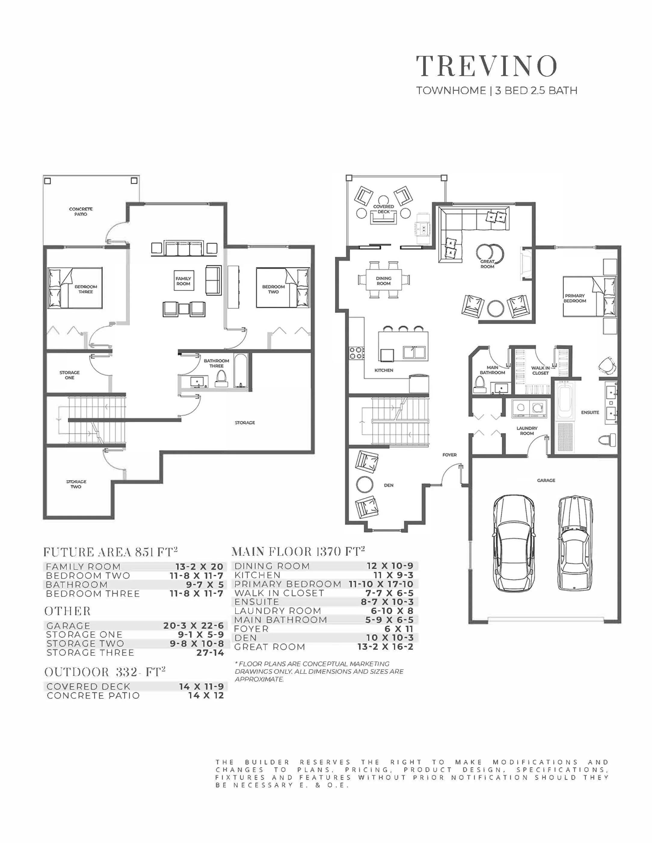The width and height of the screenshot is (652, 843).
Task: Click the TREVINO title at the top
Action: [x=487, y=66]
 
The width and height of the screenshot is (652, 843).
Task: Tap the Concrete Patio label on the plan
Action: [x=81, y=212]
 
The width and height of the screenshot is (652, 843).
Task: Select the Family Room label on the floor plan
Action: [x=183, y=281]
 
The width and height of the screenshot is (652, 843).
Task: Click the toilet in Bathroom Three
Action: [x=221, y=378]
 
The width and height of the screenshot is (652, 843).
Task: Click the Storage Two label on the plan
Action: [x=76, y=484]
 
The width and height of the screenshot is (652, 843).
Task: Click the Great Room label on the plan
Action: [x=487, y=264]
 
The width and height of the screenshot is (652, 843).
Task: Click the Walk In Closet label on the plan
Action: [x=540, y=371]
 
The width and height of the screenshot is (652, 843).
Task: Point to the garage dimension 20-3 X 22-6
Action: [x=193, y=626]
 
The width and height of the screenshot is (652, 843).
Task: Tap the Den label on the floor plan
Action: [x=389, y=485]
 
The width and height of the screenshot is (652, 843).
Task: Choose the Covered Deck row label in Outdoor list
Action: [x=88, y=687]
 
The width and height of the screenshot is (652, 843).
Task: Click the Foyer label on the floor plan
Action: [x=449, y=455]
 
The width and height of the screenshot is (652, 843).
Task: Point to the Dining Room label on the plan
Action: [x=383, y=281]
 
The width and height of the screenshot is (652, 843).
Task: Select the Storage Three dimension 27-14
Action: [x=210, y=653]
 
